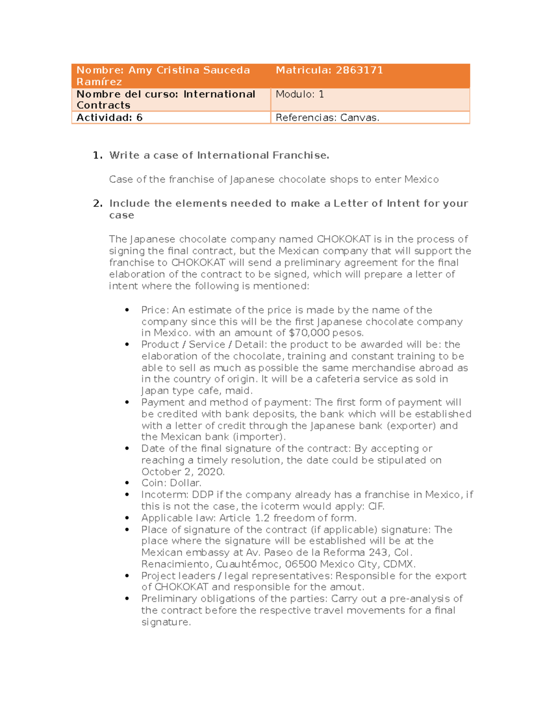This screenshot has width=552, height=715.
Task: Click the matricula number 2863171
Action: pyautogui.click(x=359, y=70)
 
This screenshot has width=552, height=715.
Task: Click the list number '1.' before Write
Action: pyautogui.click(x=98, y=156)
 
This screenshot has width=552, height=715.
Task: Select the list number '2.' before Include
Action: pyautogui.click(x=98, y=203)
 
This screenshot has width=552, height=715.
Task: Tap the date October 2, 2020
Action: pyautogui.click(x=183, y=472)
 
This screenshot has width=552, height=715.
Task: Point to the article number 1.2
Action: pyautogui.click(x=262, y=518)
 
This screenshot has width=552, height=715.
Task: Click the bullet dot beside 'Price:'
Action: pyautogui.click(x=127, y=310)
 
